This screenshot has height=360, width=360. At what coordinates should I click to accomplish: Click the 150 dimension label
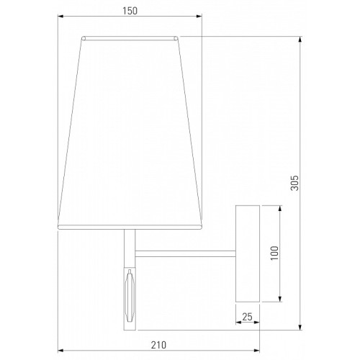pyautogui.click(x=130, y=11)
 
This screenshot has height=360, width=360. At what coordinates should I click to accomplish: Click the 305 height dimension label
pyautogui.click(x=294, y=183)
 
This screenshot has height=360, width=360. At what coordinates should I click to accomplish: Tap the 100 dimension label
pyautogui.click(x=274, y=253)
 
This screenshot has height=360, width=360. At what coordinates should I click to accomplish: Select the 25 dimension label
pyautogui.click(x=247, y=317)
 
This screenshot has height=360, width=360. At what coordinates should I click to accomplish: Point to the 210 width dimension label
pyautogui.click(x=158, y=345)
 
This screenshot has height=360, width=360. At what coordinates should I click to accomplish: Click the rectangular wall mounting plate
pyautogui.click(x=248, y=253)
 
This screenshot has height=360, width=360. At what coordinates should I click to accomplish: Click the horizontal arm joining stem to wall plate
pyautogui.click(x=185, y=254)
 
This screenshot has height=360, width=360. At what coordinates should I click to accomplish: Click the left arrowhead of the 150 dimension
pyautogui.click(x=60, y=17)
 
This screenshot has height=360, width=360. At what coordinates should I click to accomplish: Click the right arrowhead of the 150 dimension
pyautogui.click(x=199, y=17)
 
